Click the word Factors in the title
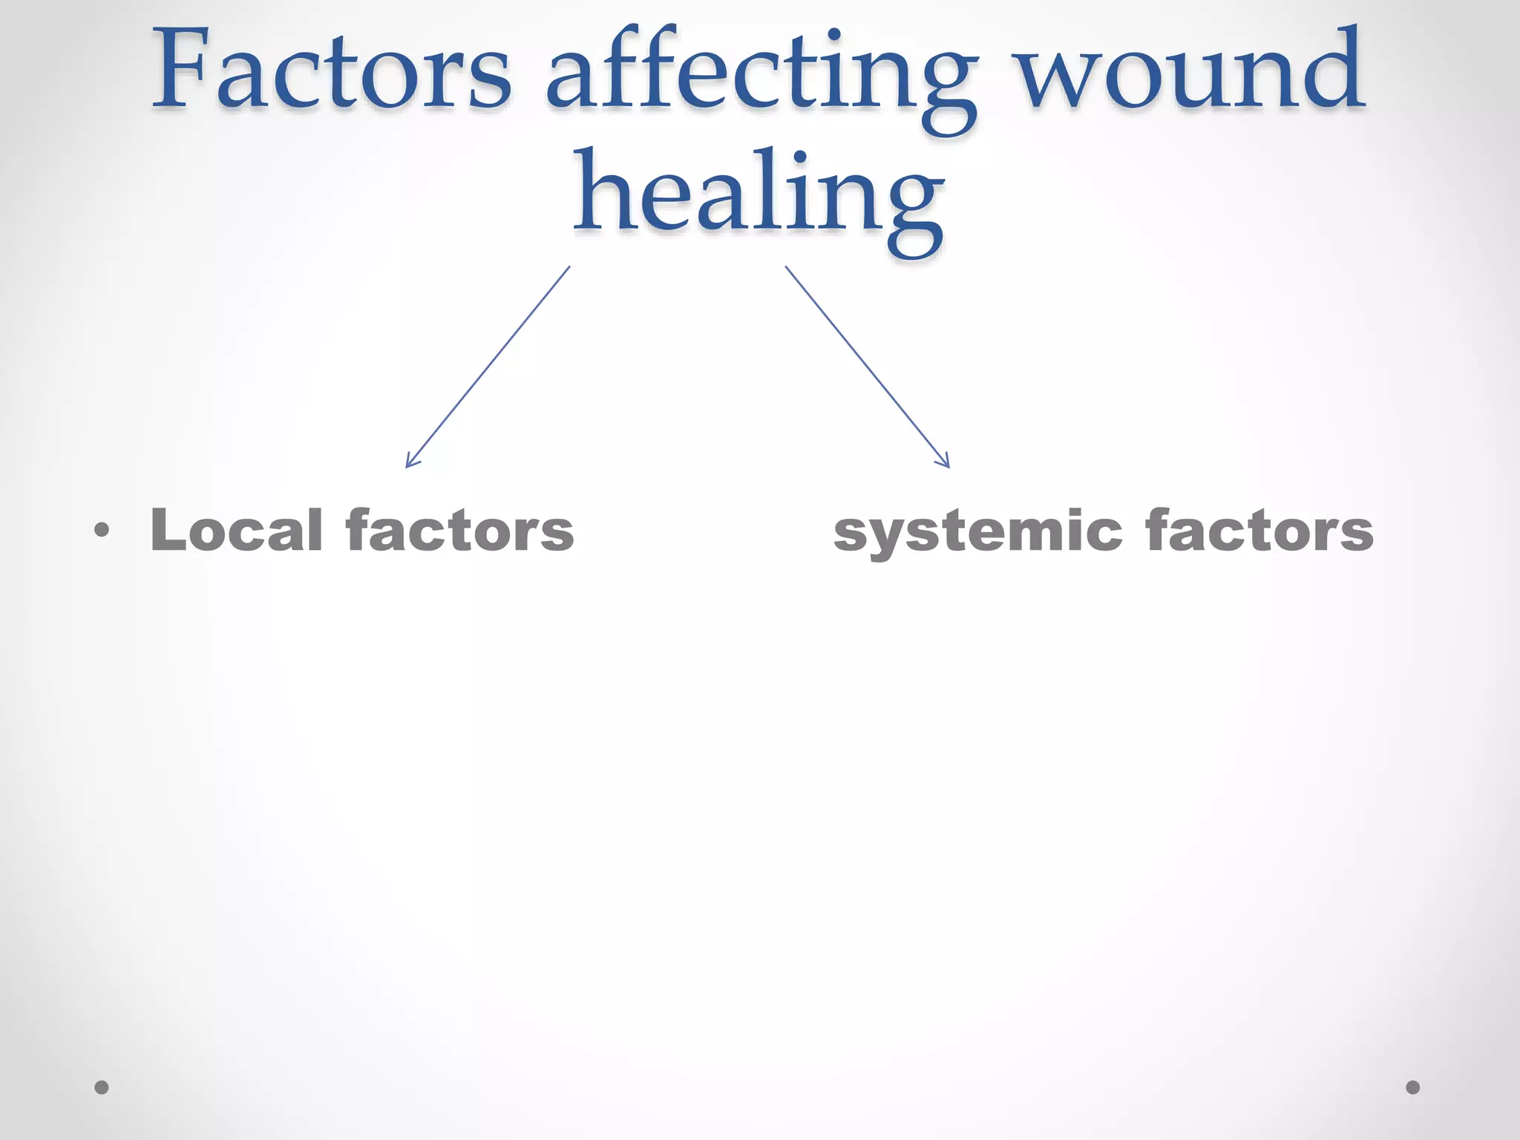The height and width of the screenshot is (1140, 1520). click(332, 73)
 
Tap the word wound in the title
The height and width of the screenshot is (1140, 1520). click(1190, 73)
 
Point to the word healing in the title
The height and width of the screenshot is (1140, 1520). click(759, 197)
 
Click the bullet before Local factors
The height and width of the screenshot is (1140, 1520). click(102, 531)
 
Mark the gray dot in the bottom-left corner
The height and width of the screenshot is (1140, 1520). click(102, 1087)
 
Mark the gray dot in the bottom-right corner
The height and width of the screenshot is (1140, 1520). click(1413, 1087)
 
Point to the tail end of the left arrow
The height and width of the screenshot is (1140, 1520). click(569, 267)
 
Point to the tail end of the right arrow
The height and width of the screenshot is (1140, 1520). click(786, 267)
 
